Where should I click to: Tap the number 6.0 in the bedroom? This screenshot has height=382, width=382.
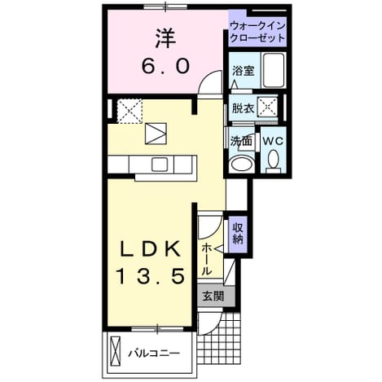click(165, 67)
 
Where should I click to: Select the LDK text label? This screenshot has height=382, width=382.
click(151, 249)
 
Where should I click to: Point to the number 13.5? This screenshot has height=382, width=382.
click(151, 275)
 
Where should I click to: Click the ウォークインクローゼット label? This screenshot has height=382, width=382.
click(257, 32)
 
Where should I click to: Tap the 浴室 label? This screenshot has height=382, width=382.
click(243, 71)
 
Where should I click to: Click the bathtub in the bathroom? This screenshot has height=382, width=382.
click(274, 70)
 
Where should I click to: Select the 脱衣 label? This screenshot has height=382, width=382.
click(243, 108)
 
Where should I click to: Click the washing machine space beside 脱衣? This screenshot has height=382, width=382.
click(267, 108)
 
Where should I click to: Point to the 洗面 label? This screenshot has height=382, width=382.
click(241, 141)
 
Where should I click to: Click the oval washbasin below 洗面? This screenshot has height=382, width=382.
click(241, 165)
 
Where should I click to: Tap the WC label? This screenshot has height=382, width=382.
click(274, 141)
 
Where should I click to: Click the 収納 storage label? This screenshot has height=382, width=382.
click(237, 234)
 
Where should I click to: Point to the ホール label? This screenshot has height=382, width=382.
click(207, 259)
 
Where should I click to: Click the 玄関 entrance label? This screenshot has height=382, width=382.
click(214, 296)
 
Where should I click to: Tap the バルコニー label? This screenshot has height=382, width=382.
click(154, 353)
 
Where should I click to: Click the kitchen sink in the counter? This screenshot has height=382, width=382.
click(160, 165)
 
